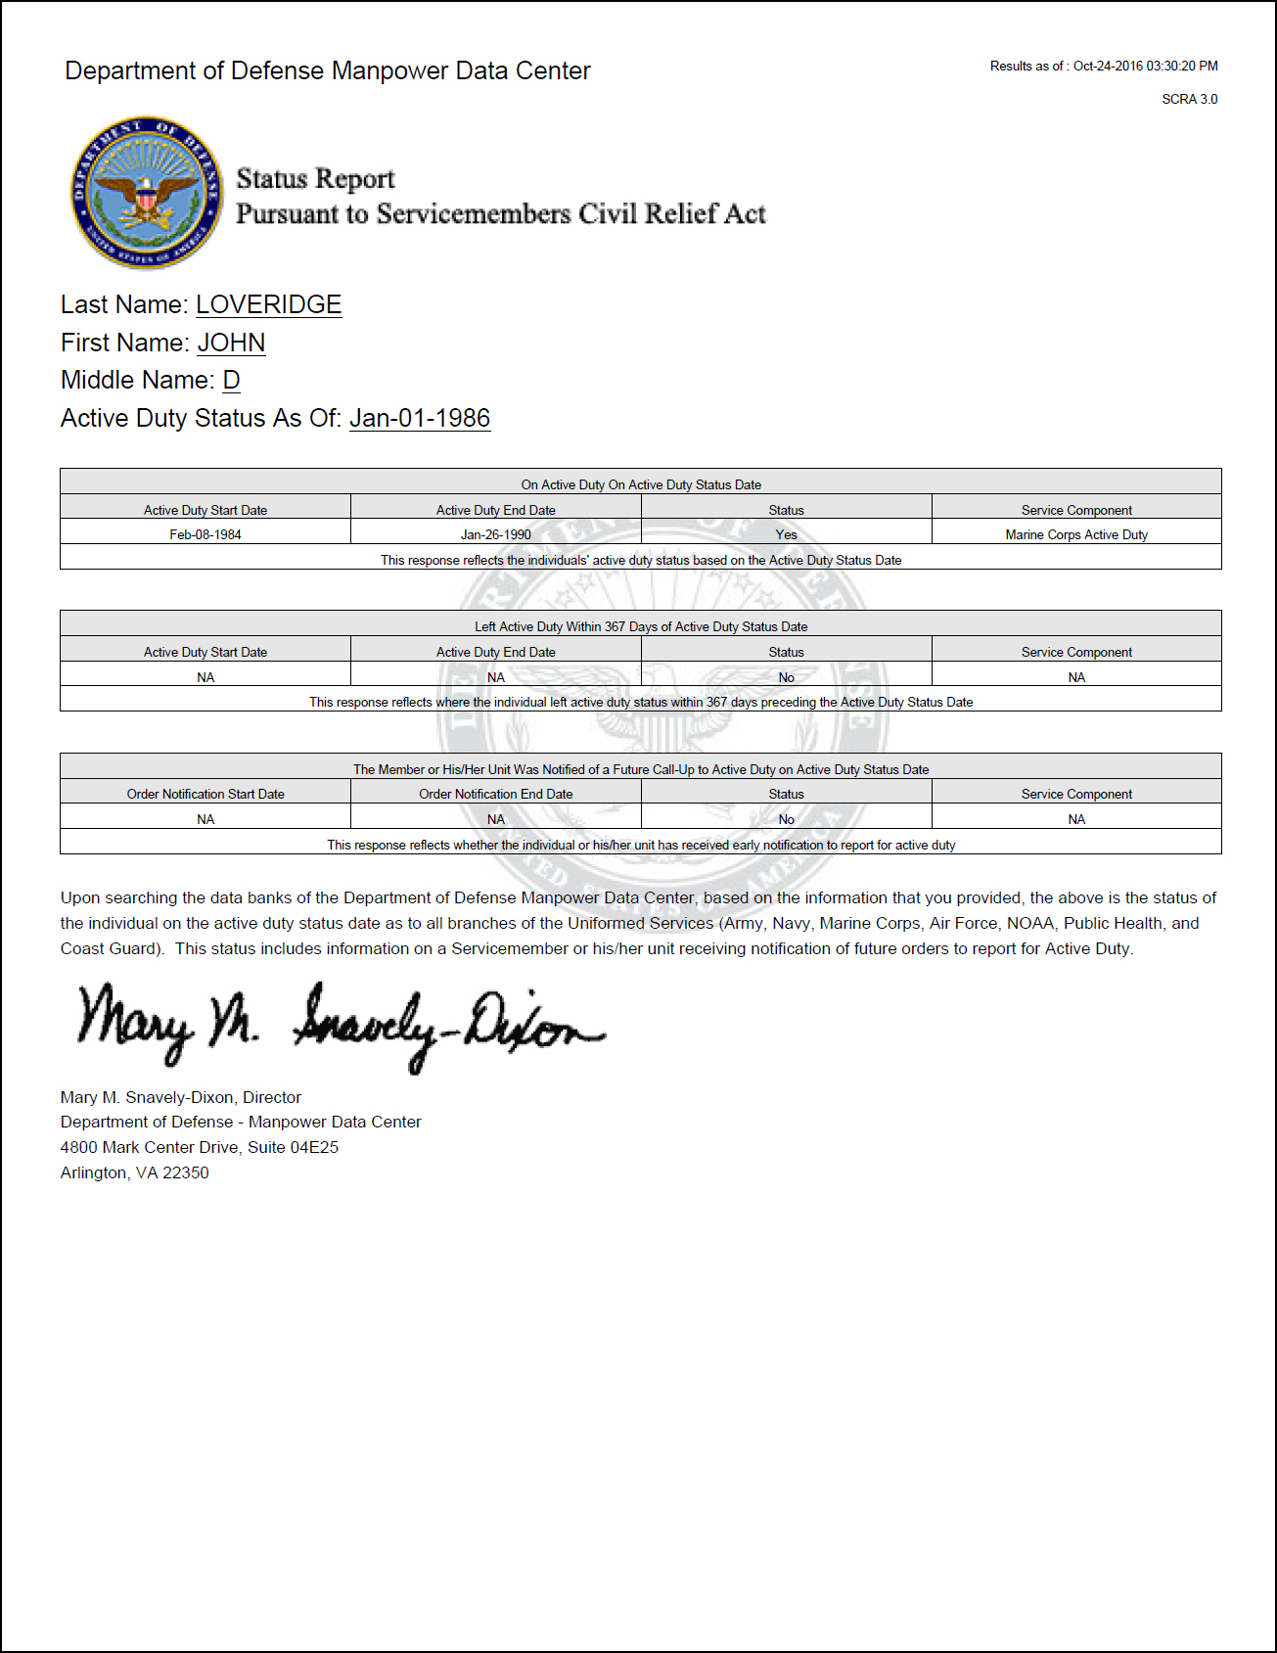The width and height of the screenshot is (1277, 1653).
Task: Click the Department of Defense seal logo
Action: tap(147, 193)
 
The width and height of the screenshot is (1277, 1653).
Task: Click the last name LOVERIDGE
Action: tap(268, 305)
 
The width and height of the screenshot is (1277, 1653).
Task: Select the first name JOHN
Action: tap(231, 344)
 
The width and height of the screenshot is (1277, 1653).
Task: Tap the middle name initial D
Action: tap(231, 381)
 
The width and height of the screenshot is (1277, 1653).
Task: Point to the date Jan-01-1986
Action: tap(420, 419)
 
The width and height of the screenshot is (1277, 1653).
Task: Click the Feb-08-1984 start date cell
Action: tap(205, 534)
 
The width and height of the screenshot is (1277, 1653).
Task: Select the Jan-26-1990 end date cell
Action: tap(496, 534)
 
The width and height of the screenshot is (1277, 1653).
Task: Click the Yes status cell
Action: tap(786, 534)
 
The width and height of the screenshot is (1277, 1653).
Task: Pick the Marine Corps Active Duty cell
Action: tap(1076, 534)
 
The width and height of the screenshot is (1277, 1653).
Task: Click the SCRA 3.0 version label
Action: tap(1189, 99)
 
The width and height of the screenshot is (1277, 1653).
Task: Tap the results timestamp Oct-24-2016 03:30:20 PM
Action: tap(1145, 67)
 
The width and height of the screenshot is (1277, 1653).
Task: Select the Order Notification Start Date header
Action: tap(205, 794)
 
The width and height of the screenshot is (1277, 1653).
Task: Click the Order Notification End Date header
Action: tap(496, 794)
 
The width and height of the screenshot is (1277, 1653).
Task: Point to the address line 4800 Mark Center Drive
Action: tap(200, 1147)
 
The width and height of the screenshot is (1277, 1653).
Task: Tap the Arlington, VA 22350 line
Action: tap(135, 1172)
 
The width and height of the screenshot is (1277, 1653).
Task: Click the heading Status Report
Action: tap(315, 179)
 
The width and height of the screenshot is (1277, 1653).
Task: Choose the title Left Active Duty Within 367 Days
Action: tap(641, 626)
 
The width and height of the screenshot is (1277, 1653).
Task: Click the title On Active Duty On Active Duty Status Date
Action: tap(641, 484)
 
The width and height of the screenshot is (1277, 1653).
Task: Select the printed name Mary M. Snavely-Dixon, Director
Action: tap(181, 1097)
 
